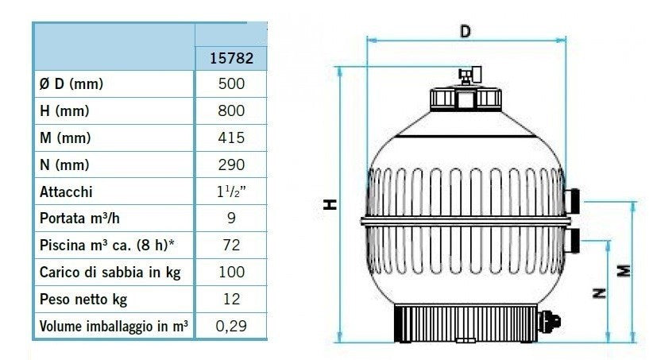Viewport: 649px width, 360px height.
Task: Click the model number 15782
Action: [231, 58]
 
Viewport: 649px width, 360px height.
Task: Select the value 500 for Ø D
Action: [231, 83]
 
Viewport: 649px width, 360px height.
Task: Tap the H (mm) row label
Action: [64, 111]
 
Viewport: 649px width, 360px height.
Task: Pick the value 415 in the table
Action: [231, 137]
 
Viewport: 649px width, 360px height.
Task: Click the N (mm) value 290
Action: [231, 165]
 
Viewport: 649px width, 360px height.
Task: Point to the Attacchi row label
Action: [66, 192]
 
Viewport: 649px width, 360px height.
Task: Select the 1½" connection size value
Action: [231, 192]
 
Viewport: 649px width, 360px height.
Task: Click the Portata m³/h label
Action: [79, 219]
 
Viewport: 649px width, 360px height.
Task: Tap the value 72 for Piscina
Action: [231, 246]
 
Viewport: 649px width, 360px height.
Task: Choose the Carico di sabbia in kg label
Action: [110, 273]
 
